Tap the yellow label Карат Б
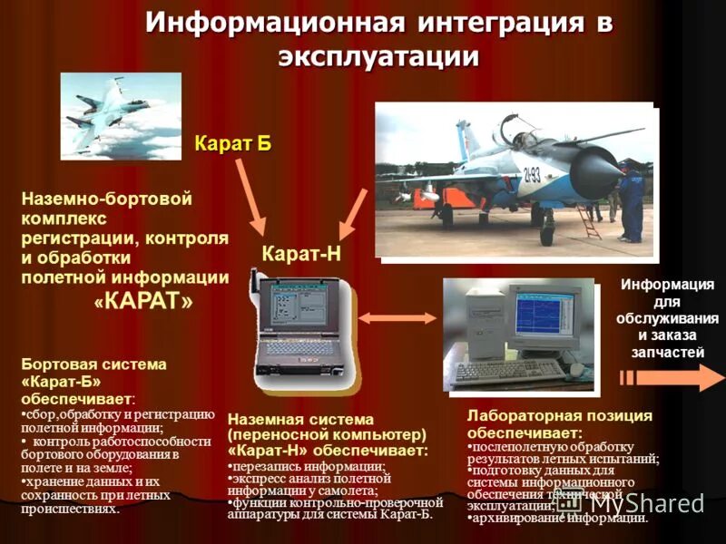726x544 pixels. click(x=233, y=142)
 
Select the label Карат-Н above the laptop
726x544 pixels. click(x=301, y=255)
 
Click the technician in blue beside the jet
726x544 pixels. click(x=631, y=204)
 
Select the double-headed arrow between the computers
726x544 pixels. click(x=385, y=317)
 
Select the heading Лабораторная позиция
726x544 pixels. click(x=559, y=415)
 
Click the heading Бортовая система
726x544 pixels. click(x=93, y=364)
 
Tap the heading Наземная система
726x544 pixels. click(x=300, y=420)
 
